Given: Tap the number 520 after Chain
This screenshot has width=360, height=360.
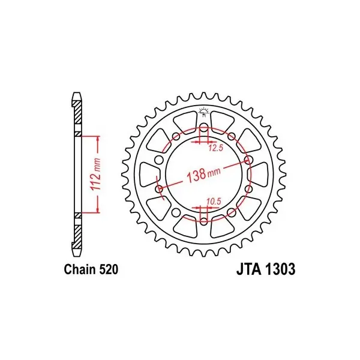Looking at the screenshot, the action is coord(109,269).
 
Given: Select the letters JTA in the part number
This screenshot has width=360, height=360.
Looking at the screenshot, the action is coord(249,269).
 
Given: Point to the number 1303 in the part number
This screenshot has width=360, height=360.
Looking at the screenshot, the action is coord(280,269).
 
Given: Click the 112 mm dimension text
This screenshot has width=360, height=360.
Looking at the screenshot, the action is coord(96,174).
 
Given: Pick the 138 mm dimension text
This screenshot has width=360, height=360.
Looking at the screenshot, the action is coord(203,174).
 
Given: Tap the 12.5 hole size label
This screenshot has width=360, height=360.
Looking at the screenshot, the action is coord(216,148).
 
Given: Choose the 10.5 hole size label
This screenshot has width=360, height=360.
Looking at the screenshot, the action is coord(214,202).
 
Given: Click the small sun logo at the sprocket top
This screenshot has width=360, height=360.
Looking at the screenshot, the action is coord(204,112).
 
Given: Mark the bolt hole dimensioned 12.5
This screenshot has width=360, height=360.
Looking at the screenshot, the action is coord(203,128).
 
